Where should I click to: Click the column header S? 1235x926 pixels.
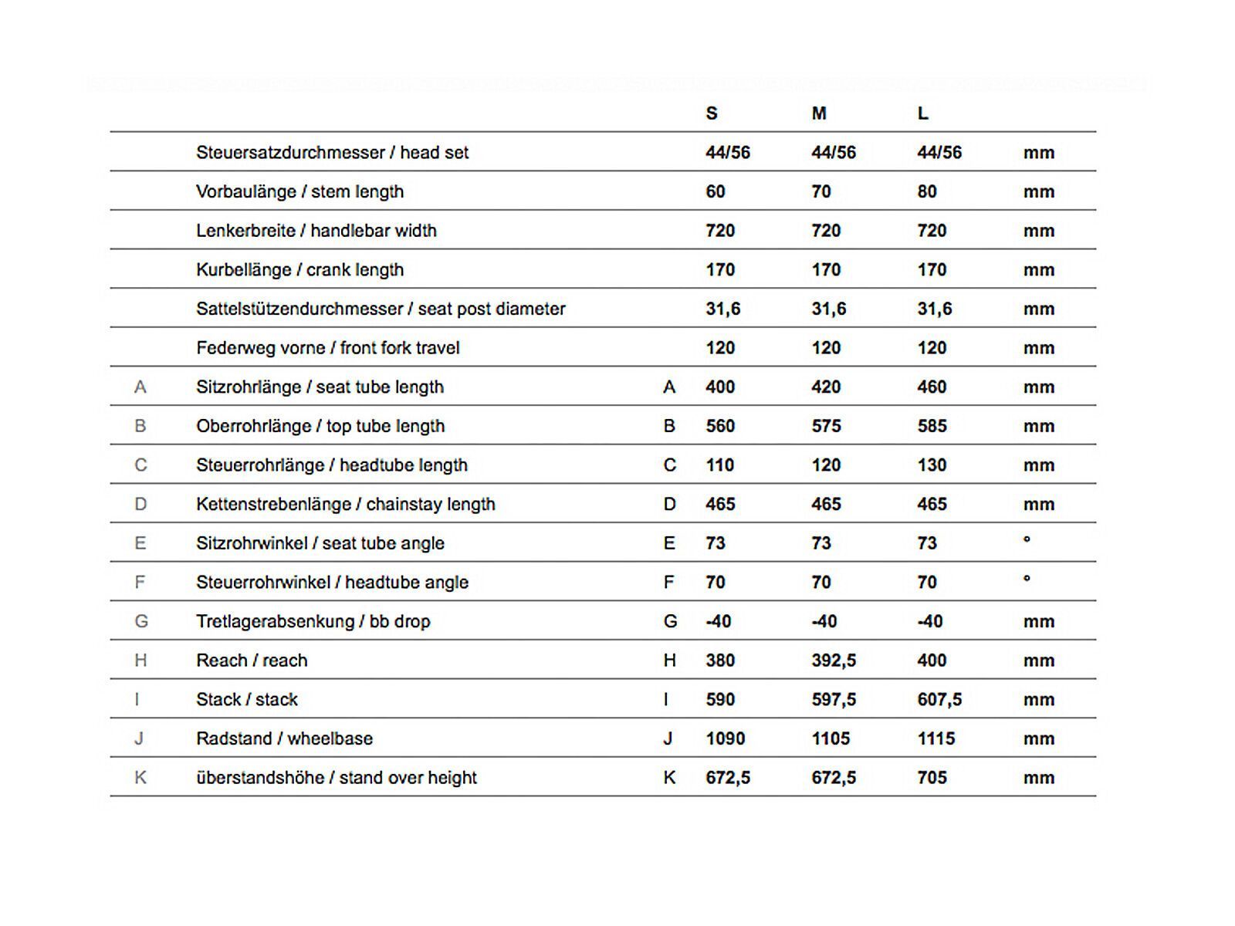pos(712,113)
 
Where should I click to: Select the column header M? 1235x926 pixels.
pos(819,113)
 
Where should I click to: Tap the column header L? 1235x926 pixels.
pos(923,113)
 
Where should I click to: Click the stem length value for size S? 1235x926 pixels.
pos(716,191)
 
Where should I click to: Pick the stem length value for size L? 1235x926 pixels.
pos(927,191)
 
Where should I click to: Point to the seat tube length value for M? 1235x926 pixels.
pos(826,387)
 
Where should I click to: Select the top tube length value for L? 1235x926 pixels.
pos(932,426)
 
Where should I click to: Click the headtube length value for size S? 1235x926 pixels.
pos(720,465)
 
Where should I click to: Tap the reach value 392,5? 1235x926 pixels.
pos(834,661)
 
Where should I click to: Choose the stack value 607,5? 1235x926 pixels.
pos(939,700)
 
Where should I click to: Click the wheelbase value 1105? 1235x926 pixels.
pos(831,738)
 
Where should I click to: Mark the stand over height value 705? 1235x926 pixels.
pos(932,778)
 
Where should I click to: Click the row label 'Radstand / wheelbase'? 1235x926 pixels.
pos(284,738)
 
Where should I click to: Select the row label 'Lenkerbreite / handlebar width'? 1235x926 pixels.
pos(316,231)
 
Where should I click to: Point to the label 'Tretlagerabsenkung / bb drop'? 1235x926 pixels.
pos(313,621)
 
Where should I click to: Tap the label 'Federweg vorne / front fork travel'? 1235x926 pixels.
pos(328,348)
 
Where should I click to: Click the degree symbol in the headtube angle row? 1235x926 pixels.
pos(1027,578)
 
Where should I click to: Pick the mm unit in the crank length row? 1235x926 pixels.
pos(1039,270)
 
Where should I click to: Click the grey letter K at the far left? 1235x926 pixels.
pos(140,778)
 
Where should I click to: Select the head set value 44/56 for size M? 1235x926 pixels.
pos(834,153)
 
